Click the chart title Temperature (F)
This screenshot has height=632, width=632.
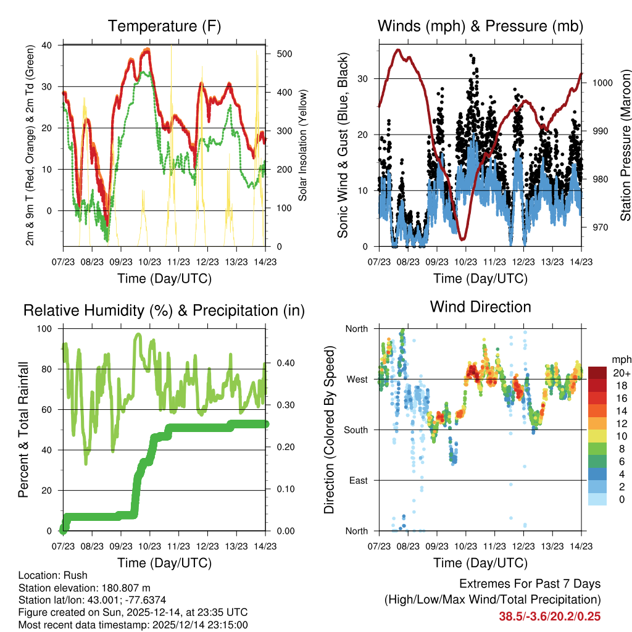tap(164, 26)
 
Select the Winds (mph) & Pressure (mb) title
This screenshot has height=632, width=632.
tap(480, 26)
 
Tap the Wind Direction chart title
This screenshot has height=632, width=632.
tap(480, 306)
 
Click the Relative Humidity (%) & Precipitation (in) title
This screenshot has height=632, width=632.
tap(164, 310)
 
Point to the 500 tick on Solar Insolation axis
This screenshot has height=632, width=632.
tap(284, 54)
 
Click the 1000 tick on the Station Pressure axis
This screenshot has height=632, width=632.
tap(601, 83)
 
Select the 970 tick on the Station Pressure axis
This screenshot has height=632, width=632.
tap(599, 227)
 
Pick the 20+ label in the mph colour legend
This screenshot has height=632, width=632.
tap(620, 373)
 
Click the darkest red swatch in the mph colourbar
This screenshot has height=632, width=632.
tap(597, 373)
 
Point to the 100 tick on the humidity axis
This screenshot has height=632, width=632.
tap(46, 328)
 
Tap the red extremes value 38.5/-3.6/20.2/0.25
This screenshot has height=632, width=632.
tap(549, 616)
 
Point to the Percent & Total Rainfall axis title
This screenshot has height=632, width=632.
tap(23, 430)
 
